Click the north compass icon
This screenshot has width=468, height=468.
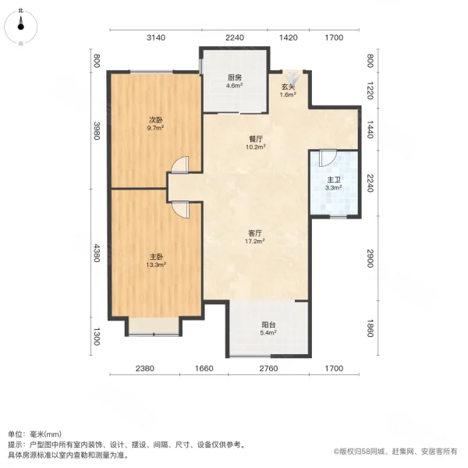[20, 28]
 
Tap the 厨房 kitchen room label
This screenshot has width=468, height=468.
[234, 77]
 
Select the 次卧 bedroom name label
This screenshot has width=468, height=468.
[156, 120]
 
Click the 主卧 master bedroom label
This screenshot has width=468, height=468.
[156, 256]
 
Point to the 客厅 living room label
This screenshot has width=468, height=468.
[254, 232]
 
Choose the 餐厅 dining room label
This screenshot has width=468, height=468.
[254, 137]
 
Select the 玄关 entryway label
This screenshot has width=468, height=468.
[288, 87]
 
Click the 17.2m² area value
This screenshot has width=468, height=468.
[254, 241]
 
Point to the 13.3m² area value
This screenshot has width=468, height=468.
[156, 264]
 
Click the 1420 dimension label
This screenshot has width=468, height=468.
[288, 37]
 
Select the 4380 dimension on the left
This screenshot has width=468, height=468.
[97, 254]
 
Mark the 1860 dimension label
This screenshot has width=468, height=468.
[370, 328]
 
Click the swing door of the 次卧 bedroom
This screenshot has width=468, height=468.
[181, 165]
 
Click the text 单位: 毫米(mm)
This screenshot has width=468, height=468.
[35, 434]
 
